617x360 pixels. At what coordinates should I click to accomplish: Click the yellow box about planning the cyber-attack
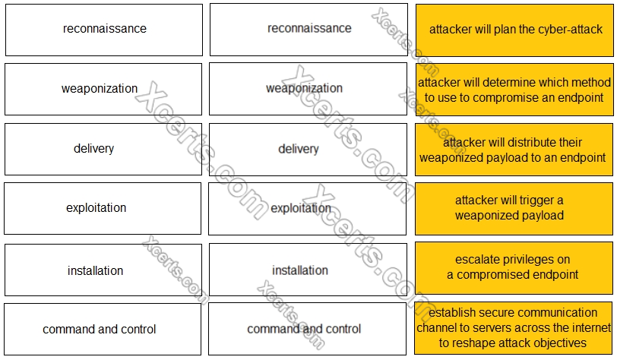click(515, 30)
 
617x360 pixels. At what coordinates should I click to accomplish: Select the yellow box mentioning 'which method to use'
click(515, 90)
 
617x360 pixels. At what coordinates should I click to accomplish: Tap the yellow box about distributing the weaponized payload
click(515, 150)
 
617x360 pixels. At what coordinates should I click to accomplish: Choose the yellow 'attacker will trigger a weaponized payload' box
click(515, 208)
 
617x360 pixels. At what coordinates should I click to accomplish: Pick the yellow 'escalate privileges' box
click(515, 267)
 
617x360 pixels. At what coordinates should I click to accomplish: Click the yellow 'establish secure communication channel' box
click(515, 328)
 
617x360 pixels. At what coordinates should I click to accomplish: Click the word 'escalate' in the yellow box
click(478, 260)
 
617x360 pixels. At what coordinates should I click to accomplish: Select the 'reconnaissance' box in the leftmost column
click(104, 30)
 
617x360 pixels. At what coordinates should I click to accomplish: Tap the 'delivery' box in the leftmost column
click(104, 149)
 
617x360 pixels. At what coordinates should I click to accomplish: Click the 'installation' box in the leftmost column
click(104, 270)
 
